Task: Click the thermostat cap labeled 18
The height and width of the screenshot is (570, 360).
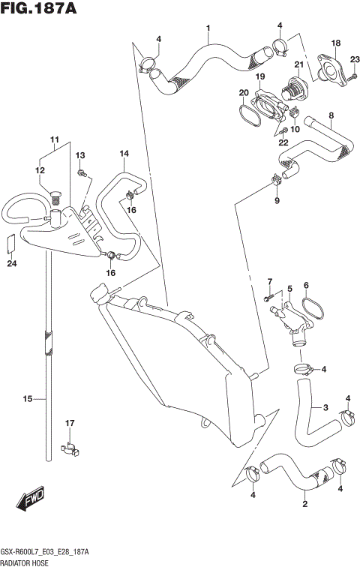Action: click(x=327, y=70)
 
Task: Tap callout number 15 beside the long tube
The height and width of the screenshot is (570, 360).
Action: click(x=28, y=399)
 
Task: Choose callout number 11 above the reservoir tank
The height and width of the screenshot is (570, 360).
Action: click(x=54, y=139)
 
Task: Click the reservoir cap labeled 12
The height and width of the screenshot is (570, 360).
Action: click(x=54, y=197)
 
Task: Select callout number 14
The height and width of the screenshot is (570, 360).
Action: click(x=124, y=154)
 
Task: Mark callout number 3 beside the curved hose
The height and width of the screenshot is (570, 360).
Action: click(x=325, y=408)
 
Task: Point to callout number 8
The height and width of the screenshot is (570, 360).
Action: click(x=331, y=115)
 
